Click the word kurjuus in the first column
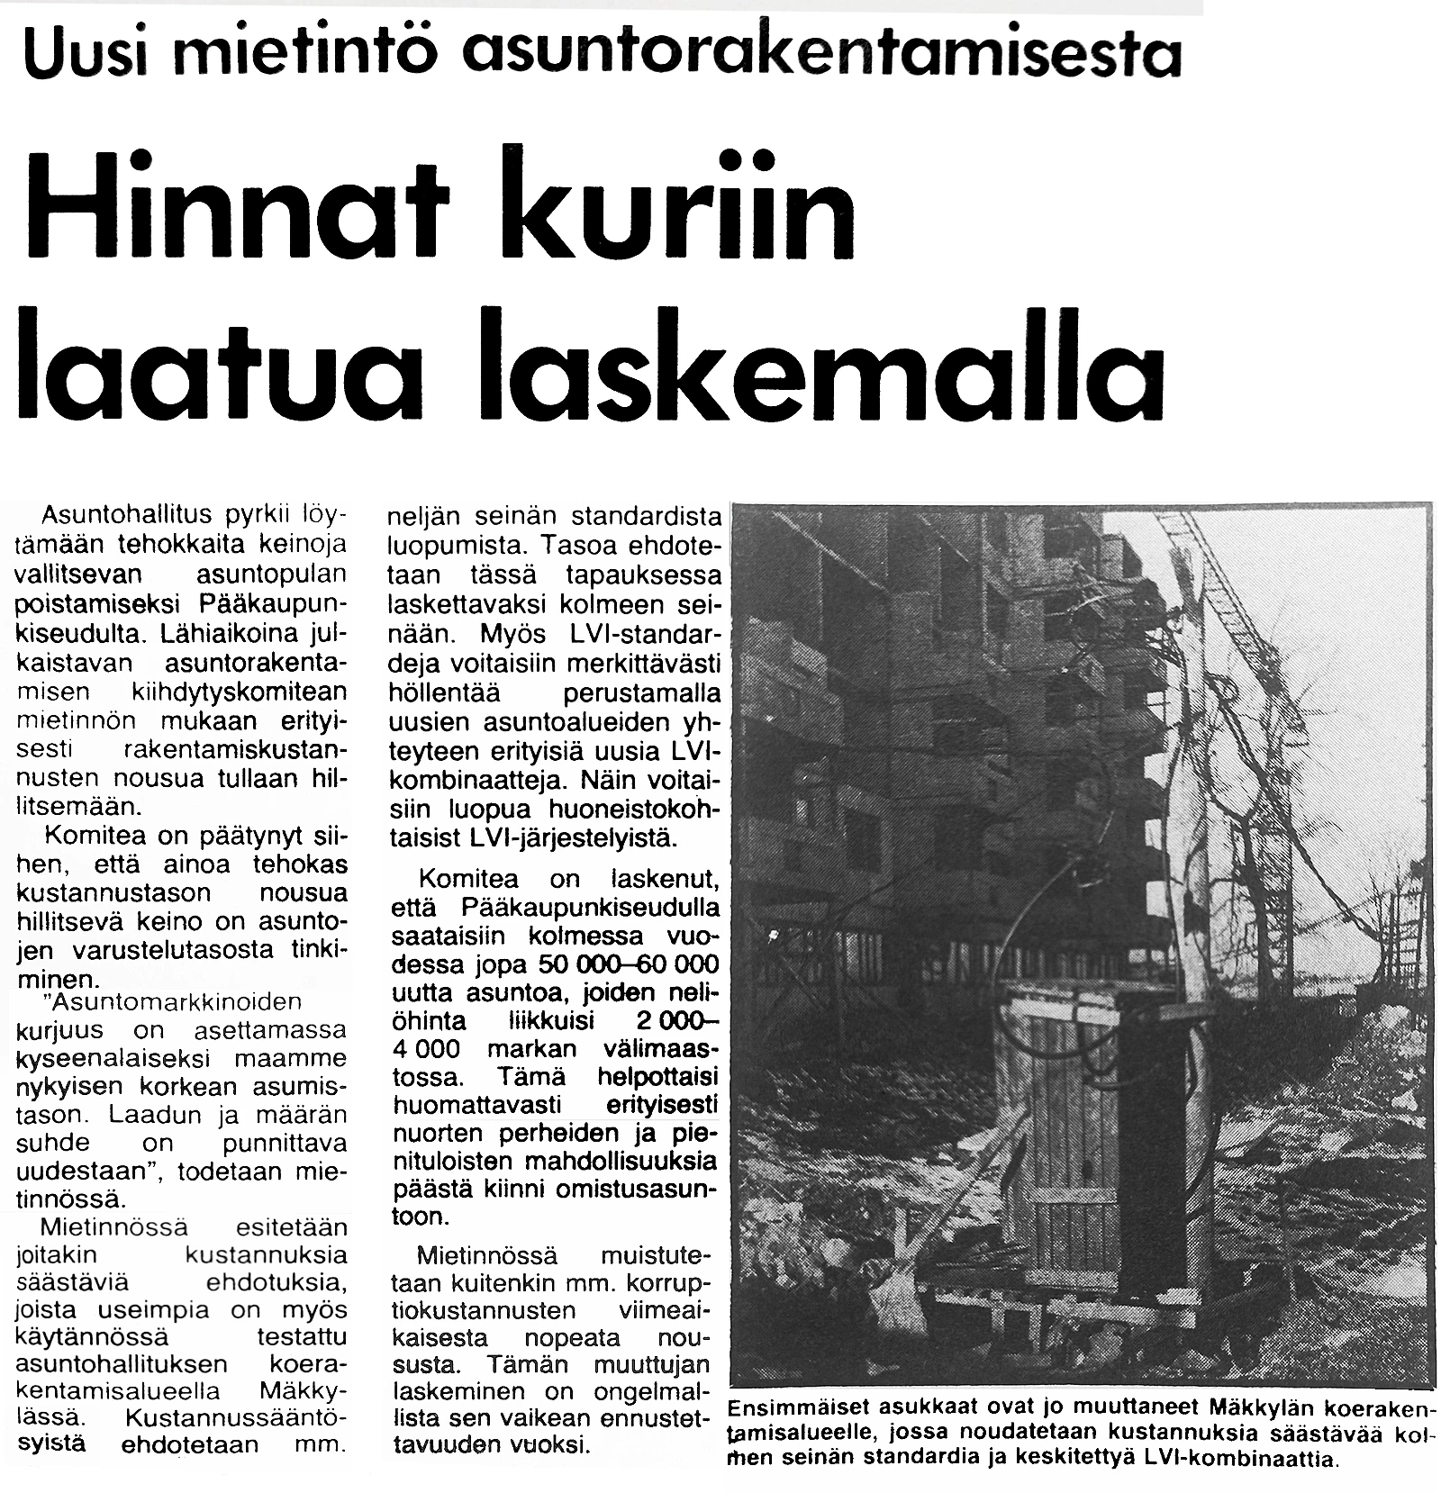pyautogui.click(x=61, y=1029)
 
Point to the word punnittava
pyautogui.click(x=287, y=1144)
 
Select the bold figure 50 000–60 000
pyautogui.click(x=629, y=964)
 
